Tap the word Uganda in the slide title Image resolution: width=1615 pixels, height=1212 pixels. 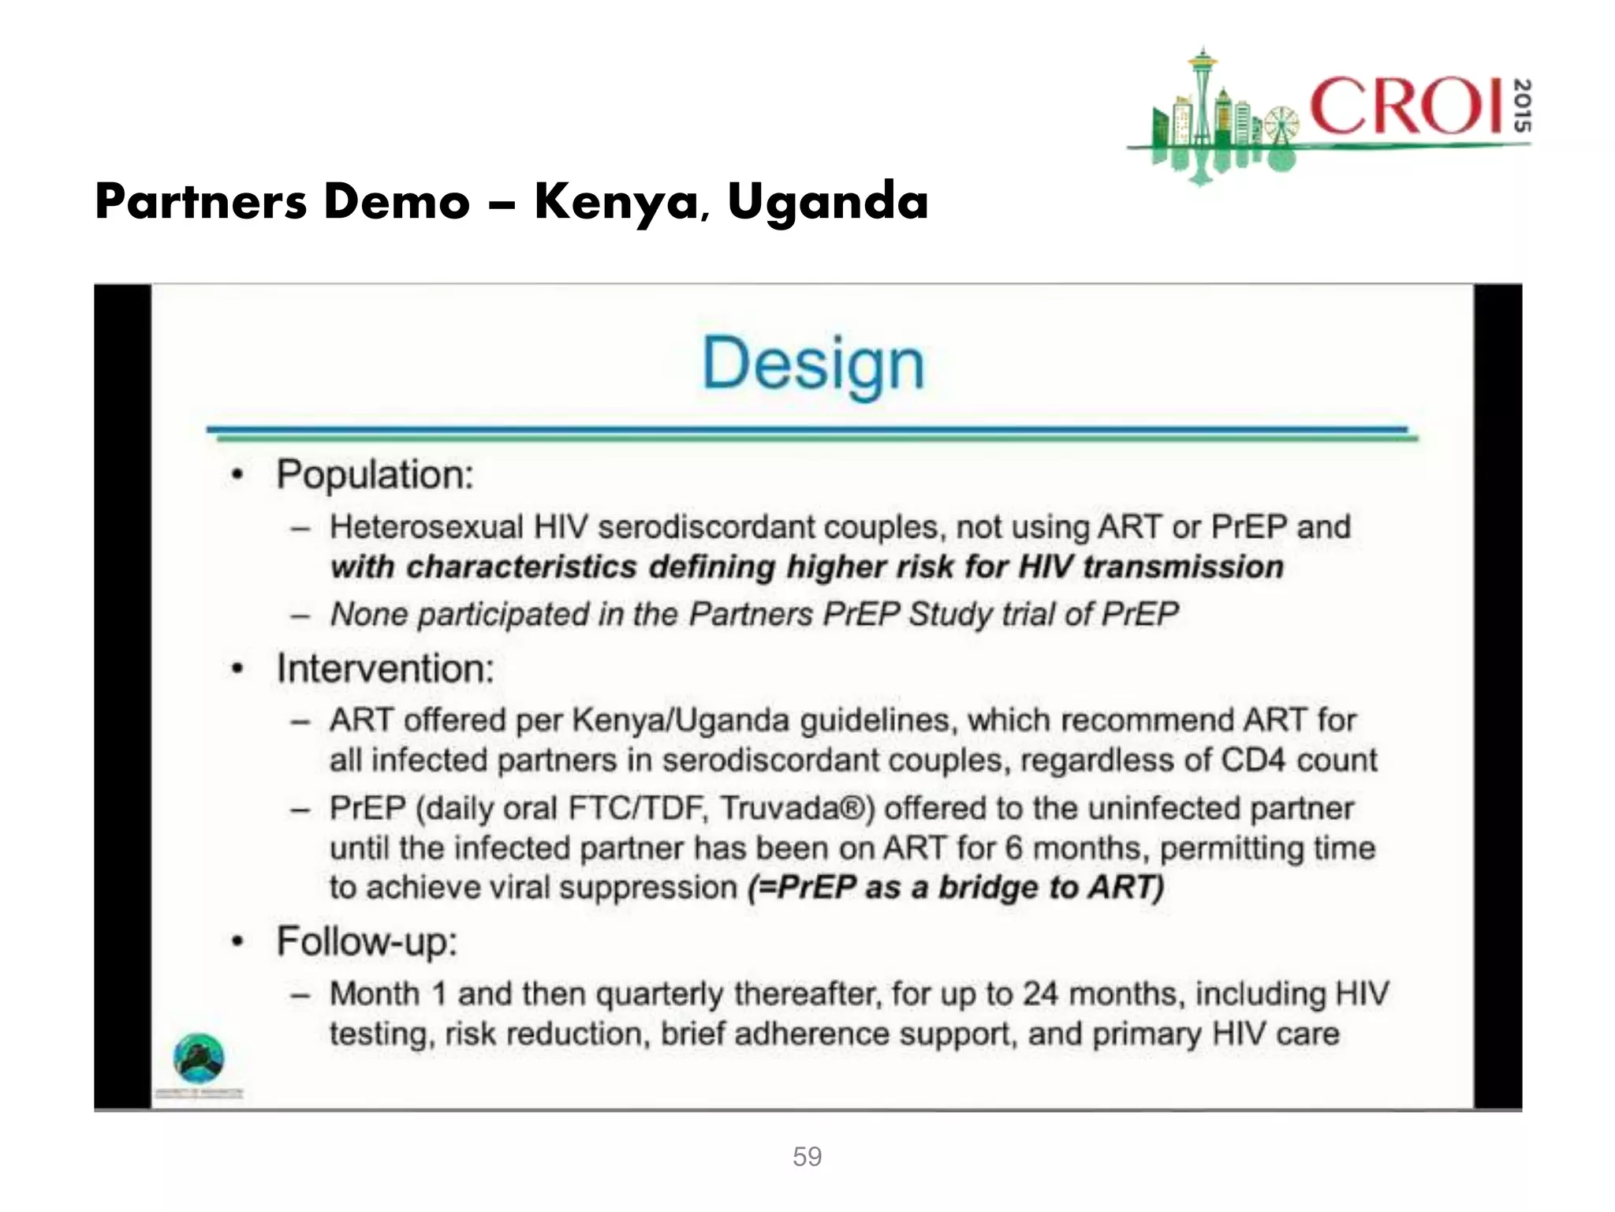(827, 202)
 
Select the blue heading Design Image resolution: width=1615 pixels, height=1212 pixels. (813, 365)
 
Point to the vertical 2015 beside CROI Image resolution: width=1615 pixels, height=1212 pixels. (1523, 106)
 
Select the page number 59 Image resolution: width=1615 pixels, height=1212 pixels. (807, 1157)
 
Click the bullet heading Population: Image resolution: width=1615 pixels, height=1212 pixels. (375, 475)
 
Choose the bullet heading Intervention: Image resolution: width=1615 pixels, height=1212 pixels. (386, 669)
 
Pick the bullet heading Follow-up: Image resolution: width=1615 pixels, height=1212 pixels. (367, 941)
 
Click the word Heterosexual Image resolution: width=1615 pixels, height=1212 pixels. (427, 527)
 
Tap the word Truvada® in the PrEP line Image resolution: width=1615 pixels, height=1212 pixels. (797, 808)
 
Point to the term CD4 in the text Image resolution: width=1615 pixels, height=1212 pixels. (1253, 760)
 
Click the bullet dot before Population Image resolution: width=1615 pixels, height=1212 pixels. (237, 475)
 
